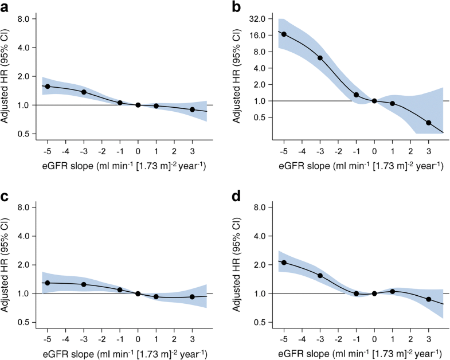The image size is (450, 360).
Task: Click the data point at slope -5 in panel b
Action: coord(284,34)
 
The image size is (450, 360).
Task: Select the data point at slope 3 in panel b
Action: coord(429,123)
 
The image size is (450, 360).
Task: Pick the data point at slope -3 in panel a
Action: coord(84,92)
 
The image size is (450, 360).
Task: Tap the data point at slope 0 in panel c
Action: coord(138,294)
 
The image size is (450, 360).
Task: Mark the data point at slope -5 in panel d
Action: coord(284,263)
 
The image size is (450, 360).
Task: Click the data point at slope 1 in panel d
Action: coord(393,291)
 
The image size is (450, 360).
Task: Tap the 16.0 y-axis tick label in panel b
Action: coord(263,35)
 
